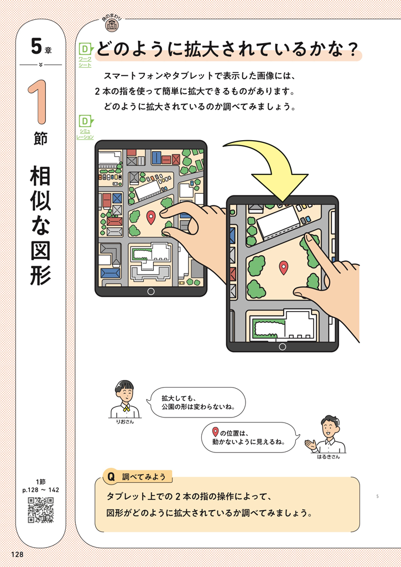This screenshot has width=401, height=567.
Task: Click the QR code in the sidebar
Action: click(41, 510)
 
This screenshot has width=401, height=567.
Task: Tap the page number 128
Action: click(17, 554)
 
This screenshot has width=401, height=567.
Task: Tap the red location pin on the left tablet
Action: click(150, 218)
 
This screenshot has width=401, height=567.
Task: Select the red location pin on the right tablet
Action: click(284, 267)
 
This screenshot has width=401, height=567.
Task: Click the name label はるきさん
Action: click(329, 457)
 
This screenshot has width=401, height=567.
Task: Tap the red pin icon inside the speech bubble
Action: click(215, 432)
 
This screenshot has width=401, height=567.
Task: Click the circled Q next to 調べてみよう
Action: click(111, 477)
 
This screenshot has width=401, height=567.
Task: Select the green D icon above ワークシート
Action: click(86, 49)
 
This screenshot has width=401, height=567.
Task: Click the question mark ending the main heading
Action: click(353, 50)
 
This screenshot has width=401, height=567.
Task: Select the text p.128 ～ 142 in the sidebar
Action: click(40, 490)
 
